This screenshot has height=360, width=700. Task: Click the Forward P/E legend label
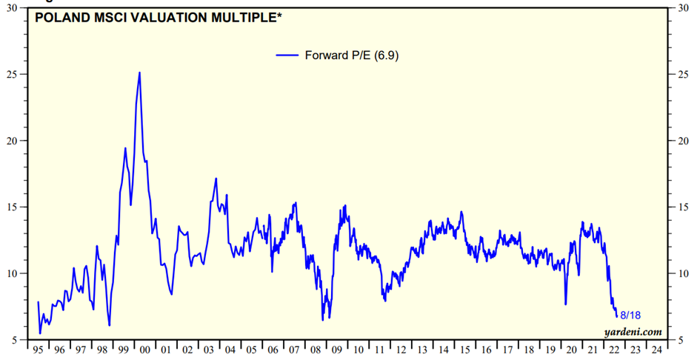353,55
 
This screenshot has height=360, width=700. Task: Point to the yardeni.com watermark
633,331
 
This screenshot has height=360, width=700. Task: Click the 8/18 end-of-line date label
630,316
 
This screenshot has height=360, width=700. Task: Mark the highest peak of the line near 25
139,73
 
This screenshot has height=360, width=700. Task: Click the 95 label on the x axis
37,350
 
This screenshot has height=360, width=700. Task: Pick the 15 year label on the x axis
465,350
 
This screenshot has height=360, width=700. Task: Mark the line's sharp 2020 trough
565,304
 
